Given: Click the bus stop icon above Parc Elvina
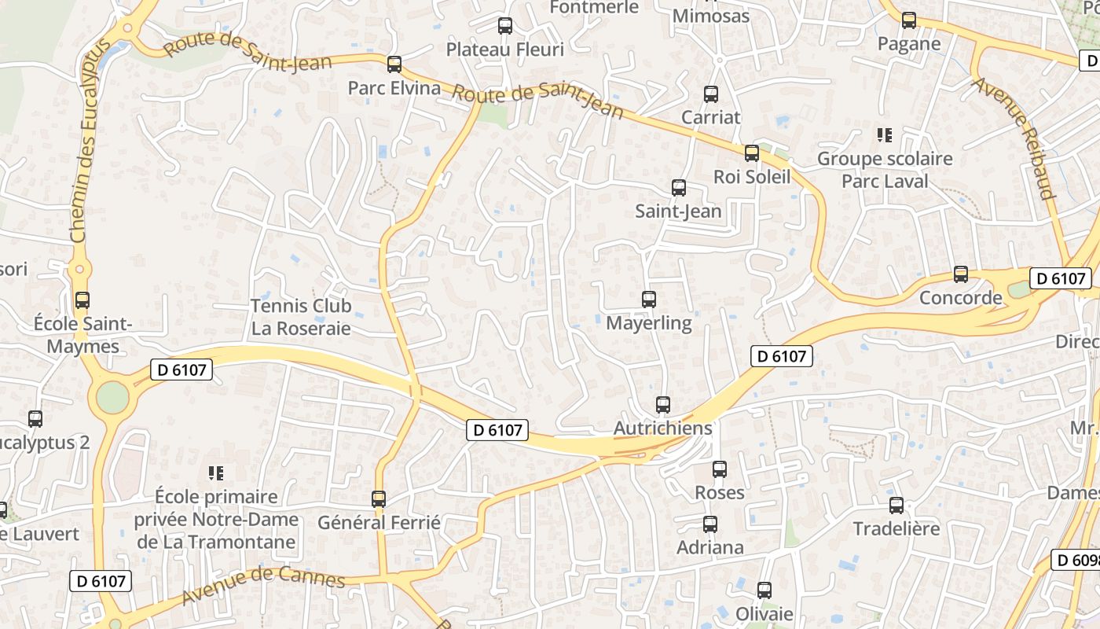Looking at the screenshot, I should click(x=394, y=64).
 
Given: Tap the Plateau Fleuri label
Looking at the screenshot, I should click(x=505, y=50).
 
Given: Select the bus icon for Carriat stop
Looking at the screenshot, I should click(x=711, y=94).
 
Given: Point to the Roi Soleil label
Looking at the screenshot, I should click(x=752, y=177).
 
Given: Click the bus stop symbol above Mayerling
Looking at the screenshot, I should click(x=649, y=300).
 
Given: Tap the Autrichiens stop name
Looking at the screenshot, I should click(x=662, y=429).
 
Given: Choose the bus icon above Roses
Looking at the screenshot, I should click(x=720, y=469).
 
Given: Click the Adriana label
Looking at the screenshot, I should click(x=710, y=547).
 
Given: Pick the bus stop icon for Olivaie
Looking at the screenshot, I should click(x=764, y=590).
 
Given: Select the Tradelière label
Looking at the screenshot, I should click(x=896, y=528).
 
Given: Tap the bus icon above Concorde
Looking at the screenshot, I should click(x=961, y=274).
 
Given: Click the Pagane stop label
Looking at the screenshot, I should click(x=909, y=44).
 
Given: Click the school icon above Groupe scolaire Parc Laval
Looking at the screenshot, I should click(x=885, y=135).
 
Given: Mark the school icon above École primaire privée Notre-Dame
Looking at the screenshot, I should click(x=216, y=473).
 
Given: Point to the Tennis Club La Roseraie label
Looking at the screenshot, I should click(x=301, y=317).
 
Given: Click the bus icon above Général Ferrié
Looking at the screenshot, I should click(x=379, y=498).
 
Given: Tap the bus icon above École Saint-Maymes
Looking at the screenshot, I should click(x=82, y=300).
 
